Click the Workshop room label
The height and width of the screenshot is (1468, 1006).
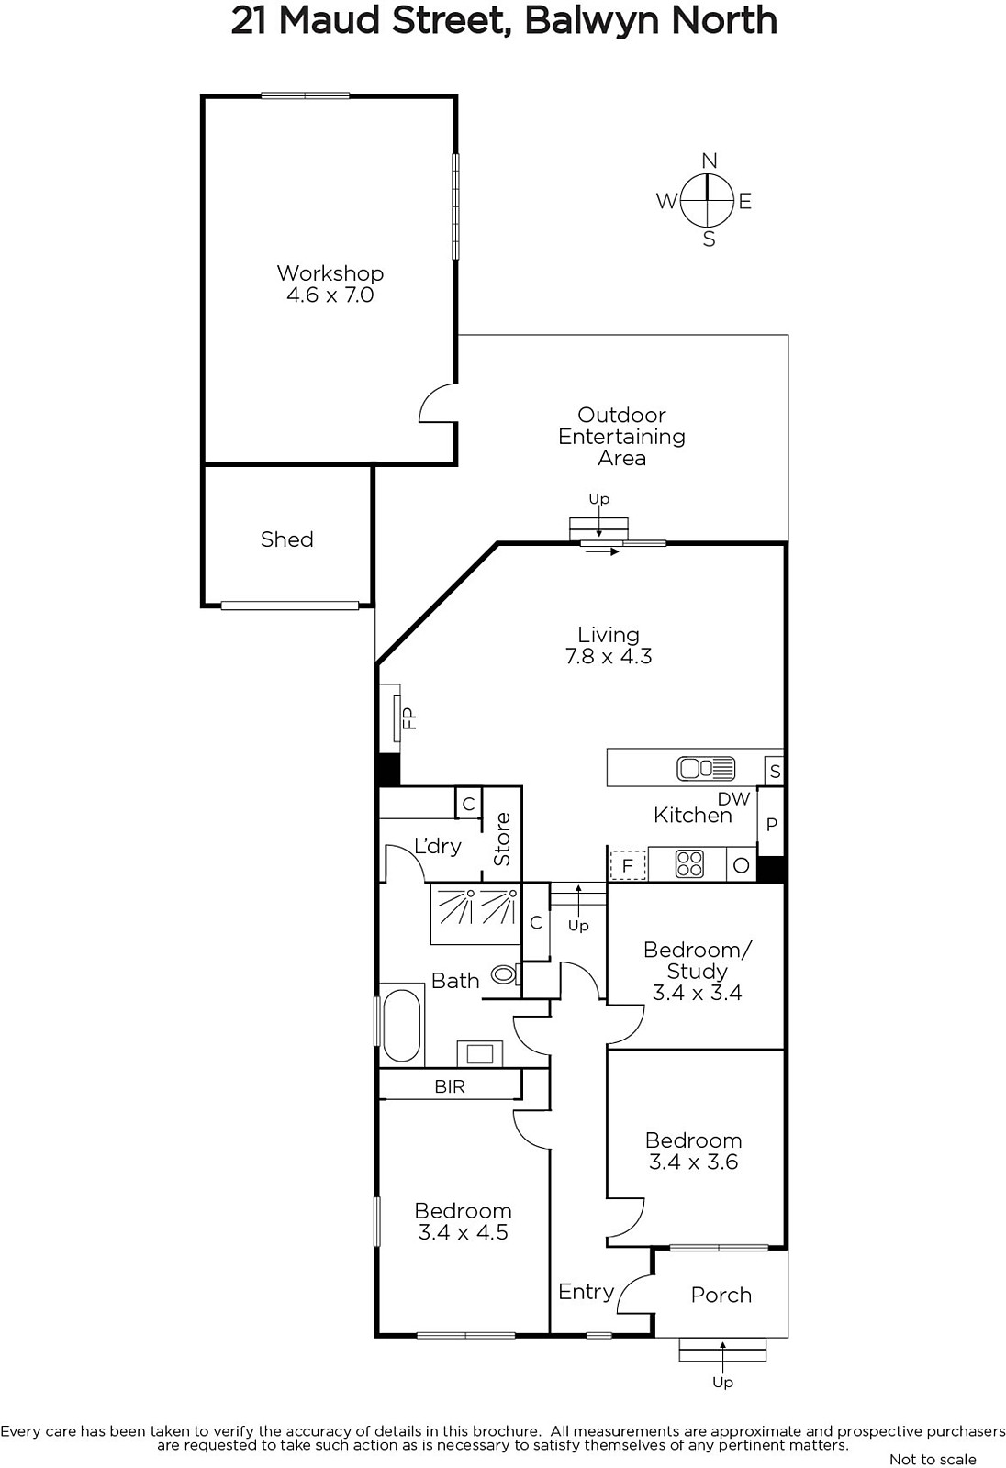click(330, 273)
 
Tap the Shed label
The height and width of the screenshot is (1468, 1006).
click(286, 539)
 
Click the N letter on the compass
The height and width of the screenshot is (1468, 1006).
click(709, 161)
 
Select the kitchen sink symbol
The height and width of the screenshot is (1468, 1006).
click(706, 768)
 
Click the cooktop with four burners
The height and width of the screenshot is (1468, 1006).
click(689, 863)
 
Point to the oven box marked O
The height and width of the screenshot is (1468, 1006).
click(741, 865)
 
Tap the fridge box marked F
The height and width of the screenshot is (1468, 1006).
click(628, 865)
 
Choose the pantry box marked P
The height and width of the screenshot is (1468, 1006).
click(771, 824)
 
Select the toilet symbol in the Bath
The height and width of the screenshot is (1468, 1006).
click(506, 975)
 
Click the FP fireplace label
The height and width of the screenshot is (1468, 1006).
click(409, 718)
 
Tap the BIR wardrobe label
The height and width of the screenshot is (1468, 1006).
click(450, 1086)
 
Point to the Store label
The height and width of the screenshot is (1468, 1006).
click(502, 840)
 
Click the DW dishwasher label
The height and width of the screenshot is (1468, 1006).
click(733, 798)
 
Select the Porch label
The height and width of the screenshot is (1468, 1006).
click(721, 1295)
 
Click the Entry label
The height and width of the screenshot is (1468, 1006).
click(587, 1292)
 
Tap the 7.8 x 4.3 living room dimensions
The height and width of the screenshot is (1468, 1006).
click(609, 656)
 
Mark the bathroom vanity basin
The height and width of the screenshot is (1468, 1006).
click(480, 1054)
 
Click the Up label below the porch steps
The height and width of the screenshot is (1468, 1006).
click(722, 1382)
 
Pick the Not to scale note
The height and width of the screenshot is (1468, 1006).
click(933, 1459)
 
